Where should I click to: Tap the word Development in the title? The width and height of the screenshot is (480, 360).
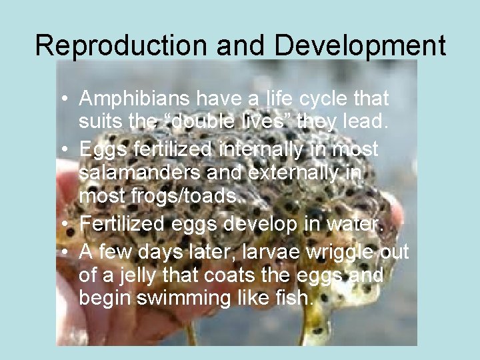coord(360,45)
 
